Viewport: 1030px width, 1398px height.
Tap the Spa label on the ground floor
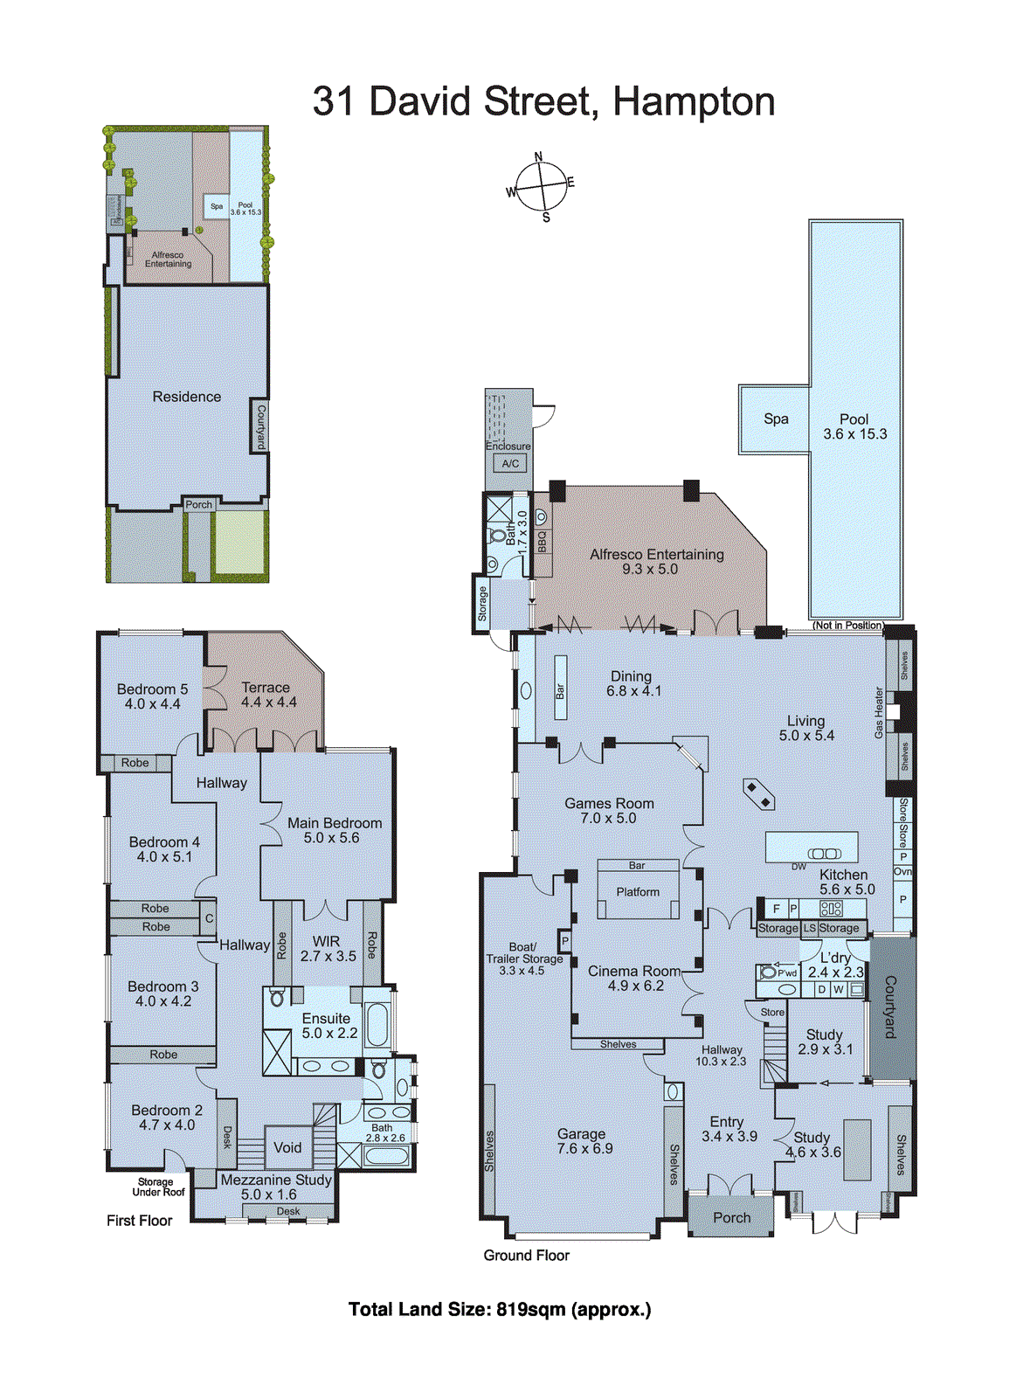point(776,419)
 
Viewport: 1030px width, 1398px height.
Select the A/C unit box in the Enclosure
point(510,464)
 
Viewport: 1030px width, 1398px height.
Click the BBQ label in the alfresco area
point(543,542)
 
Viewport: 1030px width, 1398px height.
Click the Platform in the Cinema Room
point(638,892)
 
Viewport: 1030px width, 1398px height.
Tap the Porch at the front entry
point(731,1217)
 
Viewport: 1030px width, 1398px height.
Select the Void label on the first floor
point(287,1147)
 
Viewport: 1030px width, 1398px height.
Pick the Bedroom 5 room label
point(152,696)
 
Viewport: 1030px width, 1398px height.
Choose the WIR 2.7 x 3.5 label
point(328,949)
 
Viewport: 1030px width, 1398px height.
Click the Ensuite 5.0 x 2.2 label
point(328,1026)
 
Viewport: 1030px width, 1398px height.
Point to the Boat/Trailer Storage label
point(523,959)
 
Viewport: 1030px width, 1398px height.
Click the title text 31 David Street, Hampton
point(543,101)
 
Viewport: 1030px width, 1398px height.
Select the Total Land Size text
point(500,1309)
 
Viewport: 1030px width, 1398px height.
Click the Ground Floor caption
point(526,1256)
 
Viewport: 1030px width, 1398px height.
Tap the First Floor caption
point(139,1221)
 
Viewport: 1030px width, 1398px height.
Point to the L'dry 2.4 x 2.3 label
point(835,965)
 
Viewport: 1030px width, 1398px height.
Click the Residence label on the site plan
point(187,397)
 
